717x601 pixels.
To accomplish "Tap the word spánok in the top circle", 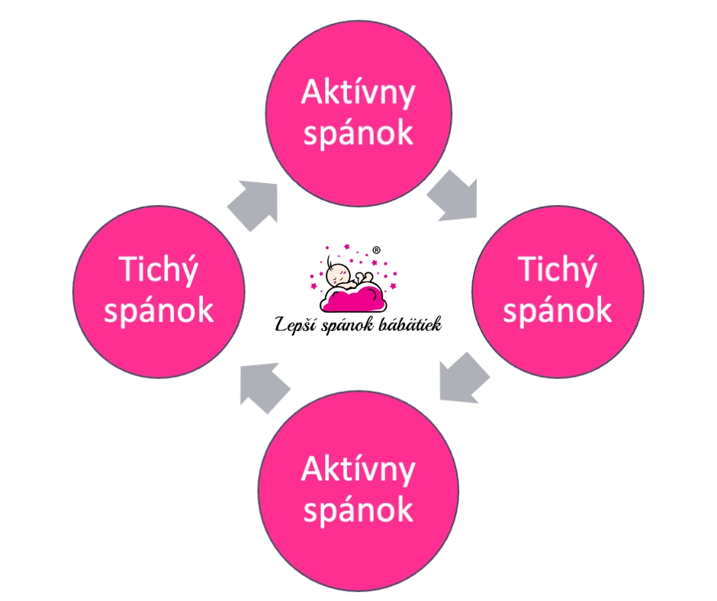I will (358, 133).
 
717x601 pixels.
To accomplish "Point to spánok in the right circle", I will (558, 310).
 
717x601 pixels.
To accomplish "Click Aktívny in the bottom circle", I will (358, 470).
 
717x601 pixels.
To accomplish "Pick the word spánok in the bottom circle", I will (358, 509).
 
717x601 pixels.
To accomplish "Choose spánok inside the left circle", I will (159, 311).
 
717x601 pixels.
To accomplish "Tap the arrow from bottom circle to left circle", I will (263, 384).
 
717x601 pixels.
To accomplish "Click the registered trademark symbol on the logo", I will (376, 249).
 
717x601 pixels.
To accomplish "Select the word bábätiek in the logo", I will (412, 324).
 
